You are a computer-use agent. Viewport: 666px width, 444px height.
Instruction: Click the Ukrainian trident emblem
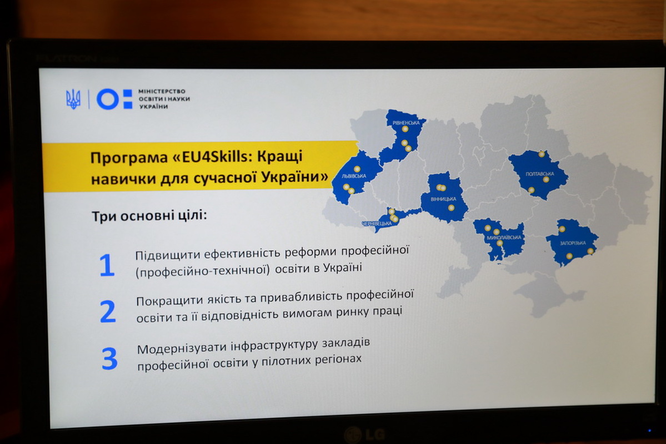pyautogui.click(x=73, y=99)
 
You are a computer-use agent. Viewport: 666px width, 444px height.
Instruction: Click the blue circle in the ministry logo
pyautogui.click(x=107, y=99)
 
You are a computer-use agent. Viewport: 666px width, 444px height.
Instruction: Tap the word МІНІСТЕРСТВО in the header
pyautogui.click(x=162, y=91)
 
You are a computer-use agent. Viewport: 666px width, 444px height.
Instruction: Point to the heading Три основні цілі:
pyautogui.click(x=149, y=216)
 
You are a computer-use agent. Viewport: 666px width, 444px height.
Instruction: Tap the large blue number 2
pyautogui.click(x=108, y=311)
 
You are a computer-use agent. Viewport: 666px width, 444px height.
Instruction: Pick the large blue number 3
pyautogui.click(x=109, y=359)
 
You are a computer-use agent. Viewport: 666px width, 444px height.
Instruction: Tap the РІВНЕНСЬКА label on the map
pyautogui.click(x=406, y=123)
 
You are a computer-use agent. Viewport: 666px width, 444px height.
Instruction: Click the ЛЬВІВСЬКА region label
pyautogui.click(x=354, y=176)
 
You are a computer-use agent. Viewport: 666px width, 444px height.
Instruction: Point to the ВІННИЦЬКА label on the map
pyautogui.click(x=443, y=199)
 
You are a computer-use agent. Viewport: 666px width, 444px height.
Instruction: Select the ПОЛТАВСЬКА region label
pyautogui.click(x=540, y=174)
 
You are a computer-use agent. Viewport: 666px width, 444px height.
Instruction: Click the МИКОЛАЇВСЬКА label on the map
pyautogui.click(x=504, y=238)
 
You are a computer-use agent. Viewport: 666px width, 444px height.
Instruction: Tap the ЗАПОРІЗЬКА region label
pyautogui.click(x=573, y=243)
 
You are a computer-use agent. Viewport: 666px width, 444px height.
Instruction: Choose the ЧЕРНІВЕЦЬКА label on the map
pyautogui.click(x=377, y=223)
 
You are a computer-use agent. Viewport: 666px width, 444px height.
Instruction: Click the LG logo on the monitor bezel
pyautogui.click(x=364, y=434)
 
